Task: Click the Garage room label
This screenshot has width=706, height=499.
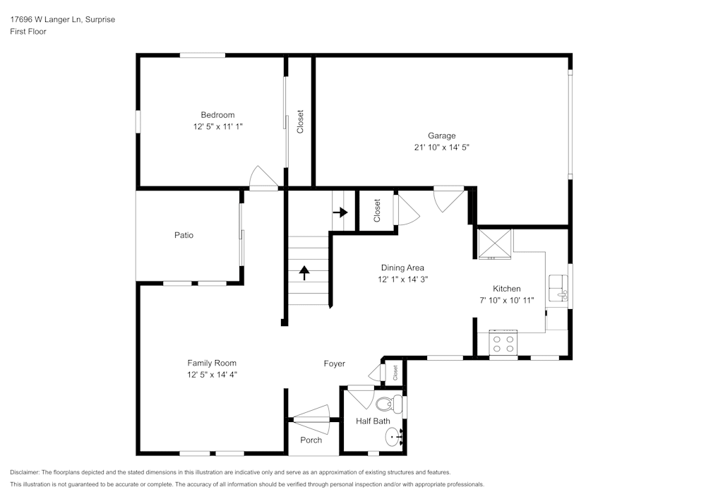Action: (x=441, y=136)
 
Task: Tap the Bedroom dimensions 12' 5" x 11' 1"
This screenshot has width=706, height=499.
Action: (x=217, y=126)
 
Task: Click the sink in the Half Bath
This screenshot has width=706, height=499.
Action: (x=393, y=438)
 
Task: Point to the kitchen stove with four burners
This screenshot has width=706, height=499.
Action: (x=503, y=344)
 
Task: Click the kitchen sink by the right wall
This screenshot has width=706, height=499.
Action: (x=558, y=287)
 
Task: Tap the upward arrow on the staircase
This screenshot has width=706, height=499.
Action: (x=304, y=271)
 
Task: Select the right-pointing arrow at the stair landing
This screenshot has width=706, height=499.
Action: (x=342, y=212)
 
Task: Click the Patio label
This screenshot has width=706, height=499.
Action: (x=184, y=235)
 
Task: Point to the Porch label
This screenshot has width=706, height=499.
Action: (x=311, y=440)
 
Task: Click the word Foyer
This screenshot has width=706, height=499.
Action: (x=334, y=363)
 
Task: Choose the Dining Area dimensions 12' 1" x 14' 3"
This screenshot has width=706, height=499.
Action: (x=402, y=279)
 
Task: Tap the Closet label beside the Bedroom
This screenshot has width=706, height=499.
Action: (x=300, y=121)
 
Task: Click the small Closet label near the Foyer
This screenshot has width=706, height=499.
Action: (x=395, y=372)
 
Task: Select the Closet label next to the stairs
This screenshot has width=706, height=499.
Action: (x=377, y=210)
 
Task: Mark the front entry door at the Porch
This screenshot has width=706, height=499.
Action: (x=311, y=421)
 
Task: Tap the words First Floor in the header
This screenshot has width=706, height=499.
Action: (x=28, y=32)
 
